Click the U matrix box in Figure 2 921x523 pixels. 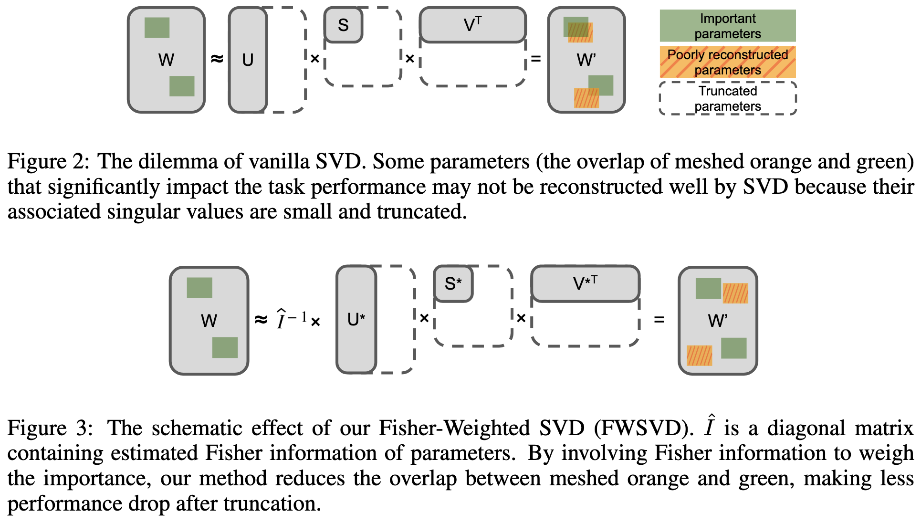click(x=248, y=60)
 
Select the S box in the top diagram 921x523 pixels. click(x=343, y=25)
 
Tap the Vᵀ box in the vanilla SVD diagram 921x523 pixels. click(x=472, y=24)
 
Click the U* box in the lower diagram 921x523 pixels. click(x=356, y=319)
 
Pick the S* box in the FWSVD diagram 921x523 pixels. click(x=453, y=284)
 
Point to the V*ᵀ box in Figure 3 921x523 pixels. click(x=585, y=283)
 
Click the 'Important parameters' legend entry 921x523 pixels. click(x=727, y=26)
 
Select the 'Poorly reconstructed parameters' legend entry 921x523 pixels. click(x=727, y=62)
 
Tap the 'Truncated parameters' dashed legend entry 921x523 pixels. click(x=727, y=98)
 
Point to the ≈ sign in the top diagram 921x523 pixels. click(x=217, y=59)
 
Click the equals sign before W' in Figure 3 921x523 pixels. click(x=659, y=319)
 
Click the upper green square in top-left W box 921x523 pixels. click(x=157, y=28)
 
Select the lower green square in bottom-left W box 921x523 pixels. click(x=225, y=347)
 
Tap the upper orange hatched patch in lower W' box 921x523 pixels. click(x=735, y=293)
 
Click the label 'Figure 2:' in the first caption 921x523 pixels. click(x=48, y=162)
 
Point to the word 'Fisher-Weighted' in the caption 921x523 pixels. click(x=454, y=428)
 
